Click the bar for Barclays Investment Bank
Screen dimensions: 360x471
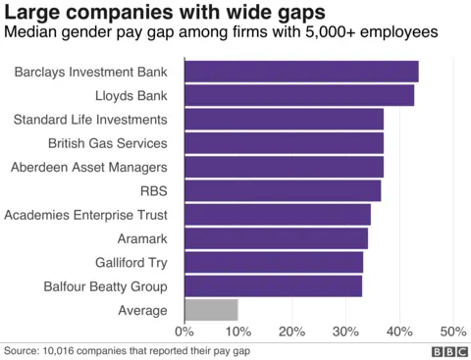pyautogui.click(x=300, y=72)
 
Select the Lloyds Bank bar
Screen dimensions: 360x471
pyautogui.click(x=298, y=95)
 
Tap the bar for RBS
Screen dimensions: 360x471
pyautogui.click(x=282, y=190)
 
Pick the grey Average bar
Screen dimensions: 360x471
pyautogui.click(x=210, y=310)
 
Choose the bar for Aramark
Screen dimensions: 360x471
pyautogui.click(x=275, y=238)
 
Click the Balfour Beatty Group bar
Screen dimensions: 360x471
pyautogui.click(x=272, y=286)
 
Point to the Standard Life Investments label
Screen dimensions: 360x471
pyautogui.click(x=89, y=120)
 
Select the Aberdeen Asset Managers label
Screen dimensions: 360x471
pyautogui.click(x=88, y=167)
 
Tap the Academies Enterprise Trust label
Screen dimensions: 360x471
pyautogui.click(x=86, y=215)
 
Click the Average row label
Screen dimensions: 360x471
pyautogui.click(x=141, y=310)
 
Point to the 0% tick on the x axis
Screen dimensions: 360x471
pyautogui.click(x=183, y=332)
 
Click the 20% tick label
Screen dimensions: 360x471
pyautogui.click(x=291, y=332)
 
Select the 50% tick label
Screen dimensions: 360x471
pyautogui.click(x=452, y=332)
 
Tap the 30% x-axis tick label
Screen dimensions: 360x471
pyautogui.click(x=345, y=332)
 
